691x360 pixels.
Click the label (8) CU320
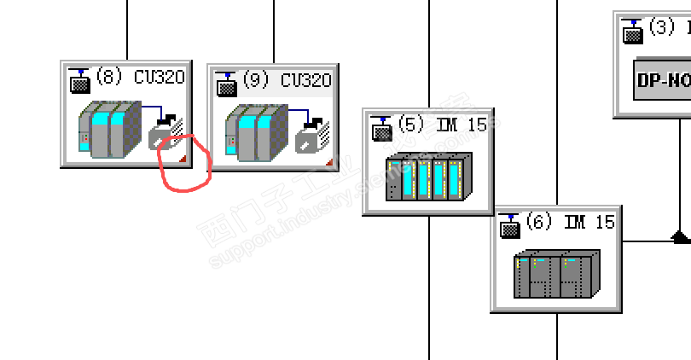[140, 78]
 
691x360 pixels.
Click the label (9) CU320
[287, 80]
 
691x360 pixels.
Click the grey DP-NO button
[662, 81]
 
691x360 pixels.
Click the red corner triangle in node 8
[182, 159]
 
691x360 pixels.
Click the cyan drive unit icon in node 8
[108, 129]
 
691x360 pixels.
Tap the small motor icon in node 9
[311, 134]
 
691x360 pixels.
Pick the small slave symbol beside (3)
[632, 31]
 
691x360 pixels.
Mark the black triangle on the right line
[679, 235]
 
